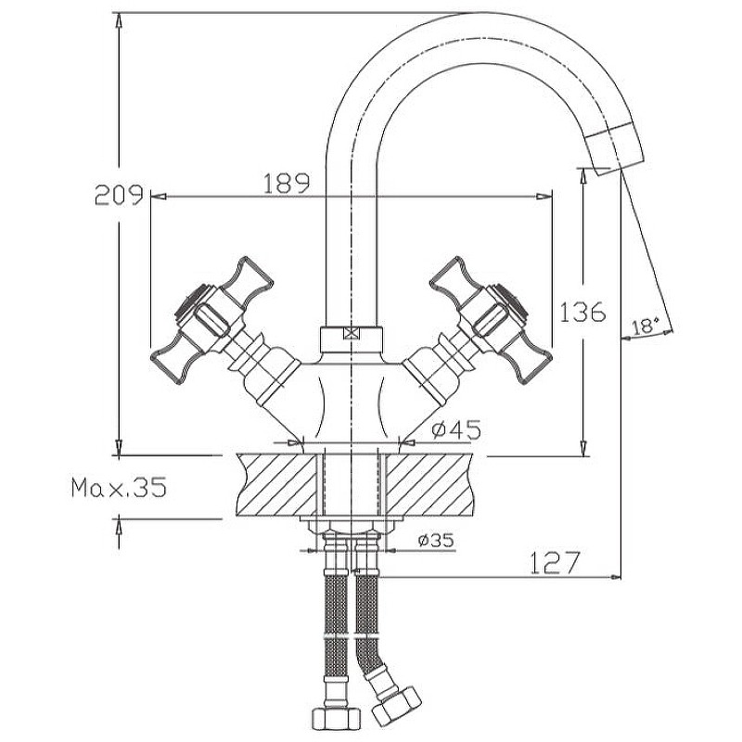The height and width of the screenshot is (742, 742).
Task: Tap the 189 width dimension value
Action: [286, 184]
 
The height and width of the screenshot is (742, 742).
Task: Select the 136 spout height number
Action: [583, 312]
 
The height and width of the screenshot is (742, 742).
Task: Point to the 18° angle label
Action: [645, 326]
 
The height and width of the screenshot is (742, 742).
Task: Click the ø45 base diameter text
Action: [455, 429]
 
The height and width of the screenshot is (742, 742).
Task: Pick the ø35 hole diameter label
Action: [435, 540]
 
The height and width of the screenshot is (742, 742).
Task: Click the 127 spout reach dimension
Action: [554, 562]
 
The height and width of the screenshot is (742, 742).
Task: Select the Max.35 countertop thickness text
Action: [119, 488]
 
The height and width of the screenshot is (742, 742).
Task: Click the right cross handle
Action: [497, 315]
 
